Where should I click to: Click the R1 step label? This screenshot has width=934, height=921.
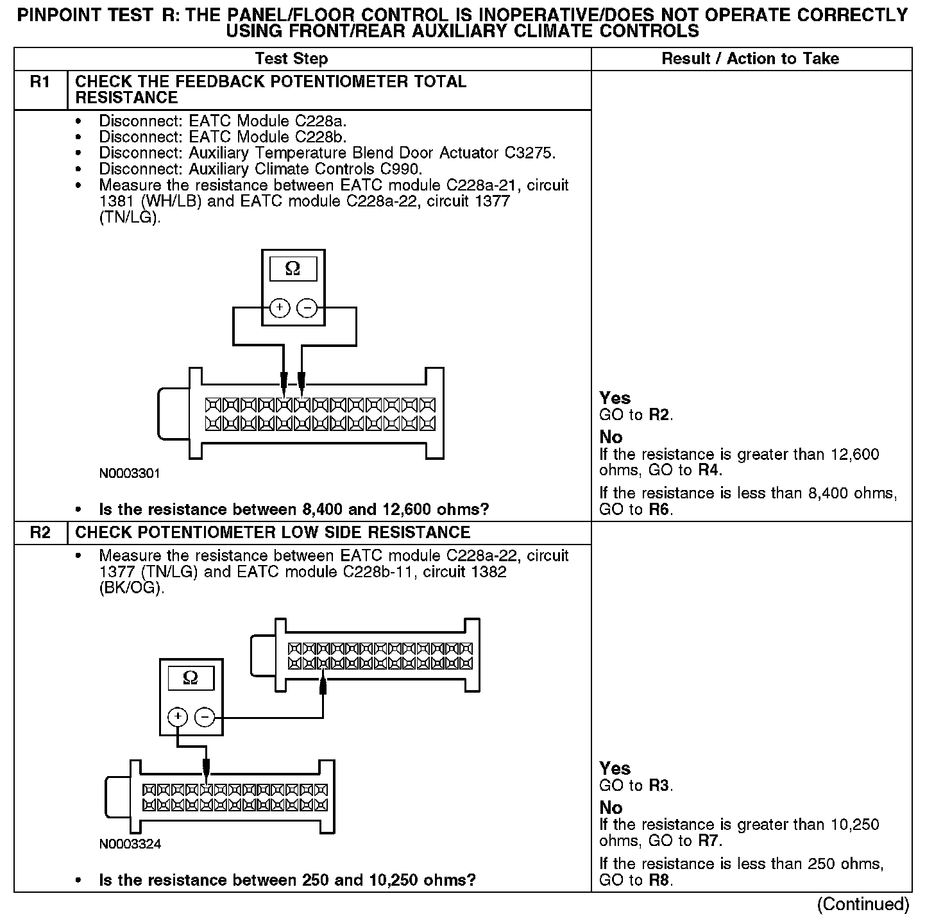[40, 82]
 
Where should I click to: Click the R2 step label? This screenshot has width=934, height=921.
[40, 533]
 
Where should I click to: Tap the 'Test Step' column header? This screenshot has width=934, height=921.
[291, 59]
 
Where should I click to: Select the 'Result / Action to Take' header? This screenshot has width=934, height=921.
[750, 59]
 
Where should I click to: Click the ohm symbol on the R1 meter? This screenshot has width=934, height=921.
[293, 269]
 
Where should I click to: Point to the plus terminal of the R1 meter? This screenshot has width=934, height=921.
[280, 308]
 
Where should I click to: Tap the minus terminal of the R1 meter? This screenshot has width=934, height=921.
[307, 308]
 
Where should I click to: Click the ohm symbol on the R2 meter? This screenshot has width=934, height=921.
[191, 678]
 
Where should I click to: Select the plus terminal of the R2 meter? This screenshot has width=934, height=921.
[178, 716]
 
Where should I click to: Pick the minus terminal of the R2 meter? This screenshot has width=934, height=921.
[205, 716]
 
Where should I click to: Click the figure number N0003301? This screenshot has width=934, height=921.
[130, 474]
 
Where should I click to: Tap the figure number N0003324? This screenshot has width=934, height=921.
[130, 844]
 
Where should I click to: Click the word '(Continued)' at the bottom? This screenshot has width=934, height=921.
[863, 904]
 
